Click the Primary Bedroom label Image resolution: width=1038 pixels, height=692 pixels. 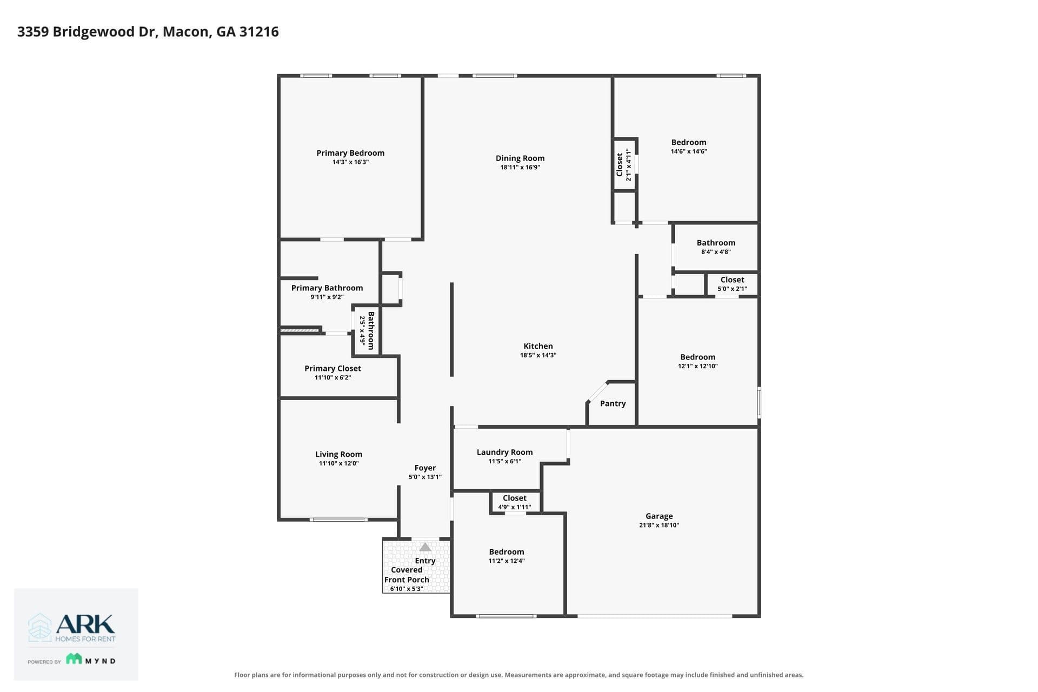click(x=350, y=153)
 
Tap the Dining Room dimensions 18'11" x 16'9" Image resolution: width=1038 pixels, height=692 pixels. click(x=520, y=168)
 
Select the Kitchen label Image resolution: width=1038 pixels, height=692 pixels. click(x=538, y=346)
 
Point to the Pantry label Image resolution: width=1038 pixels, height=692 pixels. click(x=613, y=403)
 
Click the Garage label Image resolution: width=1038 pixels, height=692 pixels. click(x=659, y=516)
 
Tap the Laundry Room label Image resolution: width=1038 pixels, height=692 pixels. click(x=504, y=453)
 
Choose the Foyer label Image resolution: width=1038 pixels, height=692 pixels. click(x=425, y=468)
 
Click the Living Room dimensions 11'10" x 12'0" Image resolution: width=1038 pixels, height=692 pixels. click(x=339, y=463)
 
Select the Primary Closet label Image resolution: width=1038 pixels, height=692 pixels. click(x=332, y=368)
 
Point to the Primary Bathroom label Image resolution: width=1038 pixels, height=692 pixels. click(x=327, y=288)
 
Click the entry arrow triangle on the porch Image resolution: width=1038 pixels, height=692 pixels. click(x=425, y=547)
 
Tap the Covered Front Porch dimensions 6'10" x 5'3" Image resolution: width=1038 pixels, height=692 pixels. click(x=407, y=589)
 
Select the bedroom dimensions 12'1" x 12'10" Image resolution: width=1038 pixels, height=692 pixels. click(x=698, y=366)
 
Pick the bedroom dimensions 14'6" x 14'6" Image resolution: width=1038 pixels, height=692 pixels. click(x=689, y=151)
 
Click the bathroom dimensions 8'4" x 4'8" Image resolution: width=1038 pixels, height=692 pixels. click(x=716, y=252)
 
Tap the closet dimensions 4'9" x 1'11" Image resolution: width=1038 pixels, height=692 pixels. click(x=515, y=507)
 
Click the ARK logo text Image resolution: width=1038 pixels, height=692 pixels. click(x=85, y=624)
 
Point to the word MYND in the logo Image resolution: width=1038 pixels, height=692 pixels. click(x=101, y=661)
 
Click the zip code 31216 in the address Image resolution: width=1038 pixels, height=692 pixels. click(x=259, y=31)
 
